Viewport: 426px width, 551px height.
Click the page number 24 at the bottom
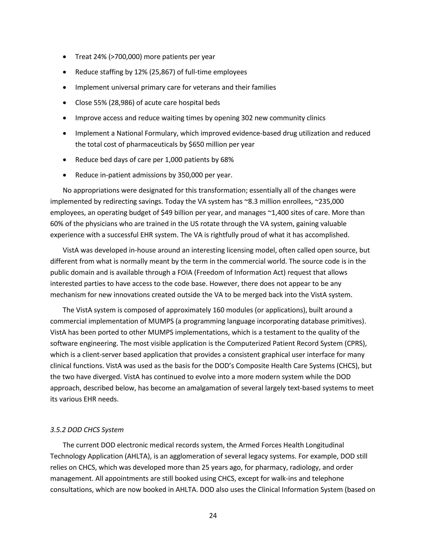tap(213, 516)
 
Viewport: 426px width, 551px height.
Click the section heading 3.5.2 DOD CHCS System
tap(87, 430)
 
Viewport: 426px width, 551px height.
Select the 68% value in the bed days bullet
tap(227, 160)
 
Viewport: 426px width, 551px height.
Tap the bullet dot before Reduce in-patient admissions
tap(65, 175)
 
